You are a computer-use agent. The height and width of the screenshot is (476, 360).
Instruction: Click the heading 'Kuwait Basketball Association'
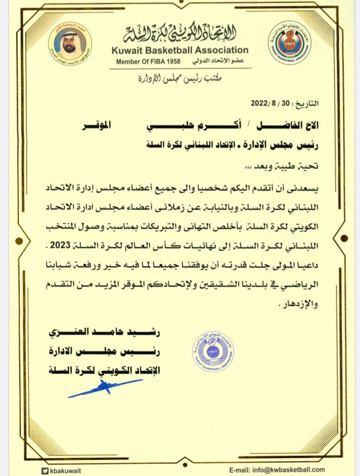click(x=180, y=50)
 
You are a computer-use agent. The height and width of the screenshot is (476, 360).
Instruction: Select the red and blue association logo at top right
click(x=290, y=43)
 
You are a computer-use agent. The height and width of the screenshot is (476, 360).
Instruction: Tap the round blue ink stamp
click(x=213, y=351)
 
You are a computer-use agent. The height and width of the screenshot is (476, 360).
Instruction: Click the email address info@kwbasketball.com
click(x=277, y=469)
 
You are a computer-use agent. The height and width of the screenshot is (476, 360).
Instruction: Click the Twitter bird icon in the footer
click(x=45, y=470)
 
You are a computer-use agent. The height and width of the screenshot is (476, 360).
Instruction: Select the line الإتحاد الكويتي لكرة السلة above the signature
click(x=104, y=370)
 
